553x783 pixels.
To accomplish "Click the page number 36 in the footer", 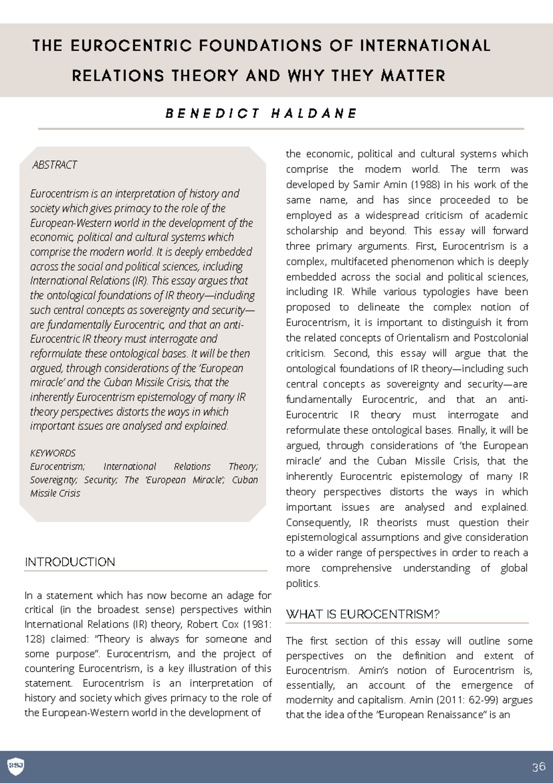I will [x=538, y=767].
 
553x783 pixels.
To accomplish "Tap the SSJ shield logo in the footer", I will [x=16, y=766].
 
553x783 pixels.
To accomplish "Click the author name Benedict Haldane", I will [x=261, y=113].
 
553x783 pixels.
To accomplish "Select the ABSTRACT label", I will [x=54, y=165].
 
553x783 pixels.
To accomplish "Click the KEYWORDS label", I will [x=53, y=453].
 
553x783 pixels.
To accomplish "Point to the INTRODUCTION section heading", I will [x=70, y=562].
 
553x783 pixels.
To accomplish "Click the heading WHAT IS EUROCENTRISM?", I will [x=363, y=614].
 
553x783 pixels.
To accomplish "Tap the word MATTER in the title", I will [x=413, y=76].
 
